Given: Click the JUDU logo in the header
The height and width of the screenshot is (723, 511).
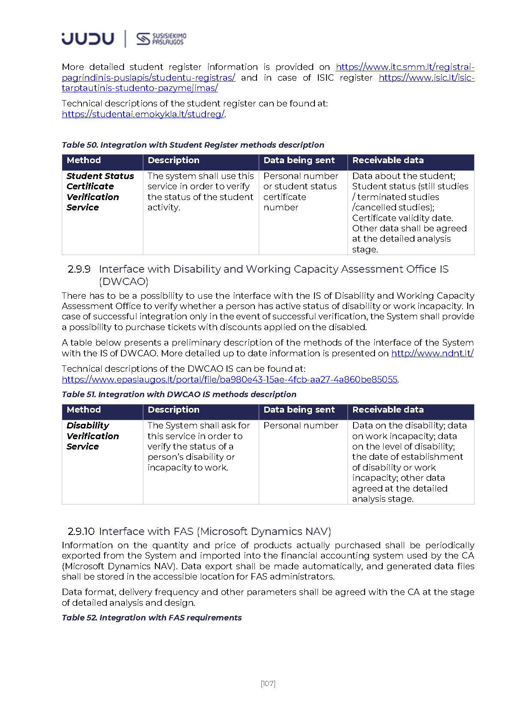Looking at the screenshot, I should point(88,39).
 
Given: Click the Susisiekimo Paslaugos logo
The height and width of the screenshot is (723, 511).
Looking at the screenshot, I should point(161,39).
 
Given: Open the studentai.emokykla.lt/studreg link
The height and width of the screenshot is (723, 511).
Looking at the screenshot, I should point(143,114).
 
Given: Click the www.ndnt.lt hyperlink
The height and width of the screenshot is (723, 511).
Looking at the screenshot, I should point(432,353).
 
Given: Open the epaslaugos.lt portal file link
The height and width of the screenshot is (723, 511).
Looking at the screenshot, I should point(230,380).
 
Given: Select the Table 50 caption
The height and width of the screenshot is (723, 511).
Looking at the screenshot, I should point(193,145).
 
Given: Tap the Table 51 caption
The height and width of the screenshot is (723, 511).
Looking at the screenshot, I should point(179,395).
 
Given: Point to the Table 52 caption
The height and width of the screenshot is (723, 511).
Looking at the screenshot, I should point(151,618).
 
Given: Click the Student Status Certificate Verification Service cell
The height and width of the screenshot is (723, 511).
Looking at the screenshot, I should point(100,192).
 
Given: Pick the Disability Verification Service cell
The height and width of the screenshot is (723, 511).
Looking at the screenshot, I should point(93,436).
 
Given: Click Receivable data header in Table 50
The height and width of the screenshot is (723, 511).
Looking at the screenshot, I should point(388,161).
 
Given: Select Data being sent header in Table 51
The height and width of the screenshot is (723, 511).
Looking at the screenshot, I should point(299,410).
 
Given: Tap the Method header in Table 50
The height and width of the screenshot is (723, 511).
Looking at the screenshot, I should point(84,161).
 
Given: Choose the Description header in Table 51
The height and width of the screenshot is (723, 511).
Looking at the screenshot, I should point(173,410).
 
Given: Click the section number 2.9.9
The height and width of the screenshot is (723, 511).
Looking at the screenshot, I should point(79,269).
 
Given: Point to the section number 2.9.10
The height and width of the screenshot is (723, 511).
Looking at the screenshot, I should point(81,532).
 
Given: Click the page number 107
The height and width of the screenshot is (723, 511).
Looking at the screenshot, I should point(268,684).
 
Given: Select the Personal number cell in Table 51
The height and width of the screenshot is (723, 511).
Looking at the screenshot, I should point(301,425).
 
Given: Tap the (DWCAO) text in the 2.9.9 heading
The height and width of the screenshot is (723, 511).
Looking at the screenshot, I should point(124,282).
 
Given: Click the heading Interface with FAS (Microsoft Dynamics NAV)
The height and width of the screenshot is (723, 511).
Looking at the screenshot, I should point(215,532).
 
